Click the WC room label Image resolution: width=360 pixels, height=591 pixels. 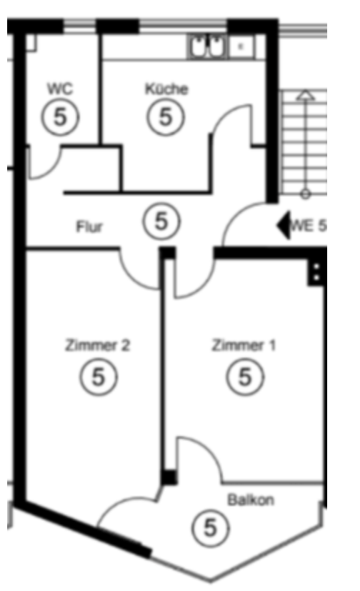click(60, 89)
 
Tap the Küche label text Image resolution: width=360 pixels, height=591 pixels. click(166, 89)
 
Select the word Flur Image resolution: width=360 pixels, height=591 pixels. click(89, 227)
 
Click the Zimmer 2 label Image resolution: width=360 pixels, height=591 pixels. click(98, 345)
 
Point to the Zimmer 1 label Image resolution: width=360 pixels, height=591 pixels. click(244, 345)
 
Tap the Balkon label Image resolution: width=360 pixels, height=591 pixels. click(251, 500)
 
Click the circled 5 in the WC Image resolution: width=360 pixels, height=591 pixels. click(61, 116)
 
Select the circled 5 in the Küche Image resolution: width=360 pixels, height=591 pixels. click(166, 116)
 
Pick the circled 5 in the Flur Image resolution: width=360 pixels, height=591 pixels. click(161, 221)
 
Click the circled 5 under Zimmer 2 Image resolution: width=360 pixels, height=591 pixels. click(99, 377)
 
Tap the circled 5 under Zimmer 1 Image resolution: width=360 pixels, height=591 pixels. click(245, 377)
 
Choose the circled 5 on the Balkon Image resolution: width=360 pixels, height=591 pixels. click(211, 527)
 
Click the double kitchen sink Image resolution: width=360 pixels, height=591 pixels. click(207, 46)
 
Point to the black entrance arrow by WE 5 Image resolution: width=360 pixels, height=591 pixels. click(284, 226)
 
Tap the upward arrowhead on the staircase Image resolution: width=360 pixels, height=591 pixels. click(305, 95)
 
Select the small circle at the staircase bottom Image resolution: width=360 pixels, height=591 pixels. click(305, 194)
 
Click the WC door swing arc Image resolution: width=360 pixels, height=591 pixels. click(52, 170)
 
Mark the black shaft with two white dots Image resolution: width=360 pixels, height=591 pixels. click(316, 272)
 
